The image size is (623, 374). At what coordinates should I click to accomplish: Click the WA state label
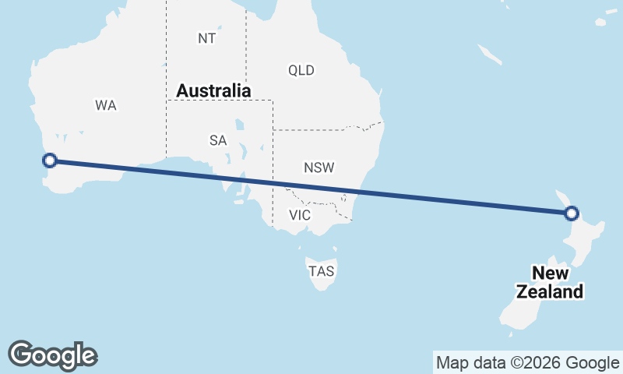[x=106, y=105]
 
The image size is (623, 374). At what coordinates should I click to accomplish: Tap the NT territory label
[x=206, y=37]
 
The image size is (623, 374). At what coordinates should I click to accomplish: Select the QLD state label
[x=301, y=71]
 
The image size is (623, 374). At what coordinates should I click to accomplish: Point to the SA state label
[x=218, y=141]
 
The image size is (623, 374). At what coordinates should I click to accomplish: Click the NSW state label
[x=319, y=168]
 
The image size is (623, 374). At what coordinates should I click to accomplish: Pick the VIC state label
[x=300, y=215]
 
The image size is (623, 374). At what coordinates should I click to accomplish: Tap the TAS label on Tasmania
[x=322, y=272]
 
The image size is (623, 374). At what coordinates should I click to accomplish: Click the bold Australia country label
[x=213, y=91]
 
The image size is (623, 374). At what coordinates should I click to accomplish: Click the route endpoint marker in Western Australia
[x=50, y=161]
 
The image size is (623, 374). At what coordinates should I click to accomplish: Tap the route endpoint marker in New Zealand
[x=572, y=213]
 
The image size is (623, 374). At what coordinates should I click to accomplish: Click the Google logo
[x=53, y=355]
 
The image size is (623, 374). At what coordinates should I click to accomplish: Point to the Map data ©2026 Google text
[x=528, y=362]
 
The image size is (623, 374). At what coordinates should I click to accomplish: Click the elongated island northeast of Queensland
[x=489, y=54]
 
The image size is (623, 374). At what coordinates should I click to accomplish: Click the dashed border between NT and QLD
[x=246, y=47]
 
